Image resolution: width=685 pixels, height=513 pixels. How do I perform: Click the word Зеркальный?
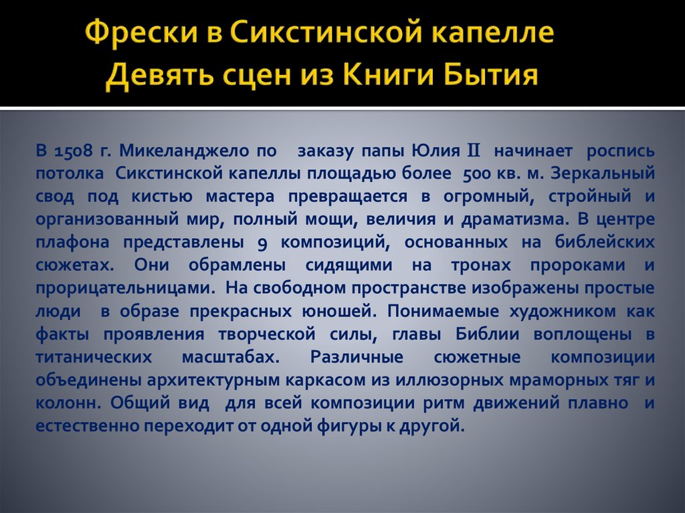603,174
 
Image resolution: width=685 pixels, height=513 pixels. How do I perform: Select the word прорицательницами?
125,288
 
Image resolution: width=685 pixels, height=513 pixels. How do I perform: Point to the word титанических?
100,356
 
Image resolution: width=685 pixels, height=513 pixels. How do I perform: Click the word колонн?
68,403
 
